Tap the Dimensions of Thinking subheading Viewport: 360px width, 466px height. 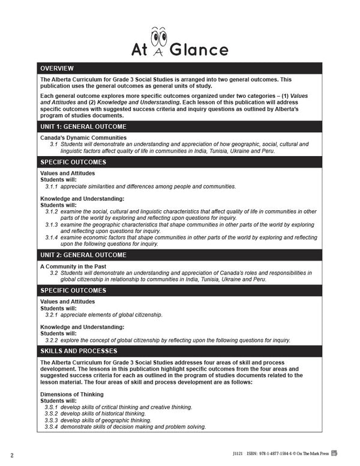[71, 394]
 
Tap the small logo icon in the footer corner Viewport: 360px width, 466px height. [352, 453]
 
